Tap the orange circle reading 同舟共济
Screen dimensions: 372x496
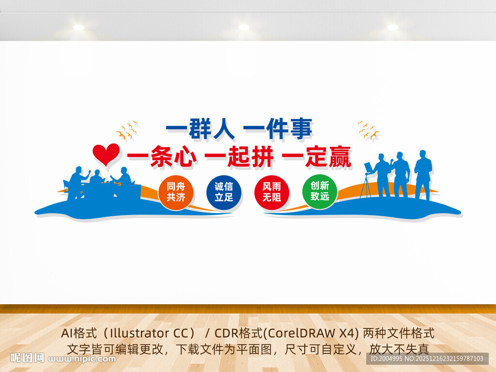coord(176,192)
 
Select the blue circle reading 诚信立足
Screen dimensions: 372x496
coord(224,192)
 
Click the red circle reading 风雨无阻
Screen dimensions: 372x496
coord(272,192)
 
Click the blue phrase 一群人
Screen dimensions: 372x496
coord(200,129)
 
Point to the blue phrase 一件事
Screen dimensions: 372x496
coord(278,129)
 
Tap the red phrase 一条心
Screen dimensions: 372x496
coord(162,157)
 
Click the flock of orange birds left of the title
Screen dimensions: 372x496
coord(127,131)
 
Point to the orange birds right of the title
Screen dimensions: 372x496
coord(369,130)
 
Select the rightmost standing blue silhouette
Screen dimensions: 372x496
coord(423,174)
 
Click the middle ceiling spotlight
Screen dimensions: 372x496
coord(244,28)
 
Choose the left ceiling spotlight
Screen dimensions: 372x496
coord(78,28)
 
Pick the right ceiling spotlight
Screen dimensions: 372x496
coord(392,28)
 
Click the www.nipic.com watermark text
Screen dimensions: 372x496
coord(82,359)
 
